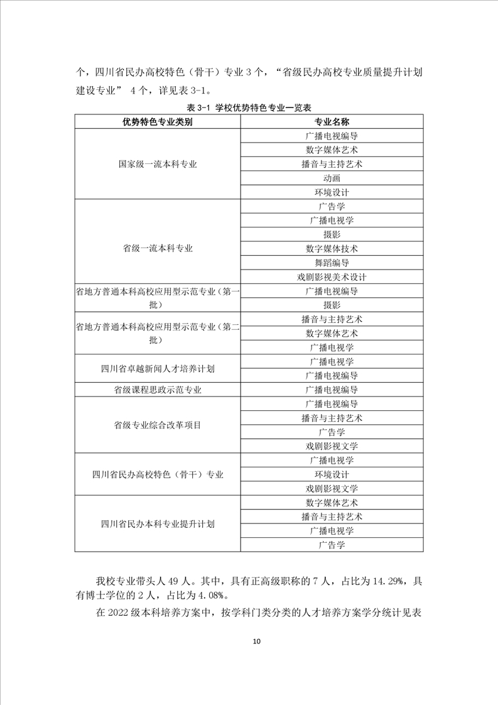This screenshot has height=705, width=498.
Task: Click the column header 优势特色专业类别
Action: pyautogui.click(x=157, y=121)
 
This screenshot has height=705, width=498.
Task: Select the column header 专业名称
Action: pyautogui.click(x=332, y=121)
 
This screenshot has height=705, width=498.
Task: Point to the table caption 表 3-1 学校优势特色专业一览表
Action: pyautogui.click(x=249, y=107)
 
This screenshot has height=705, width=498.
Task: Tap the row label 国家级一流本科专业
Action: pyautogui.click(x=157, y=164)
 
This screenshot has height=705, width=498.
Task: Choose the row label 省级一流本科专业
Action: pyautogui.click(x=157, y=248)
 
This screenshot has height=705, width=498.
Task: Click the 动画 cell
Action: pyautogui.click(x=332, y=178)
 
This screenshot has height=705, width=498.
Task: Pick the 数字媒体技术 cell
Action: pyautogui.click(x=332, y=248)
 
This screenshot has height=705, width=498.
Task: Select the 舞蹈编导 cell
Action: pyautogui.click(x=332, y=263)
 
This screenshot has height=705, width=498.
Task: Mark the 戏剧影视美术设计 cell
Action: pyautogui.click(x=332, y=277)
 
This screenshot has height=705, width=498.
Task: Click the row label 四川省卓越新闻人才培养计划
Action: pyautogui.click(x=157, y=368)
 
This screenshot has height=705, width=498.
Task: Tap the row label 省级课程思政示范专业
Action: pyautogui.click(x=157, y=390)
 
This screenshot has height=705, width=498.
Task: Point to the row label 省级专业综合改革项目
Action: pyautogui.click(x=157, y=425)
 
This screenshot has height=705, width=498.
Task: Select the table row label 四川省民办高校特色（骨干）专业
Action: pyautogui.click(x=157, y=474)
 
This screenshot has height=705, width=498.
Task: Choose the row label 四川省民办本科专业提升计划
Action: pyautogui.click(x=157, y=524)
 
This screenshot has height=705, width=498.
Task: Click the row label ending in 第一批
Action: pyautogui.click(x=157, y=298)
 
